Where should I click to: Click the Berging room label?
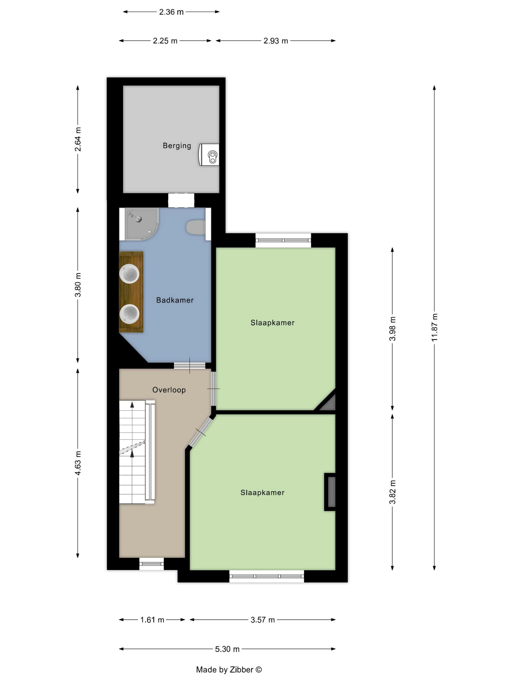(x=177, y=145)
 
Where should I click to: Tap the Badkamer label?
(x=175, y=300)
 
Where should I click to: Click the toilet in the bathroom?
(x=195, y=227)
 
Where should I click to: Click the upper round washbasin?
(x=129, y=274)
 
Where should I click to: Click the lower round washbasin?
(x=129, y=314)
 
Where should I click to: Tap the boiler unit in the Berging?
(x=209, y=154)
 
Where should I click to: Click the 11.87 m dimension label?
(x=434, y=327)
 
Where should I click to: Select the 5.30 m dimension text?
(x=227, y=649)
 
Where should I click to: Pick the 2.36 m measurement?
(x=171, y=12)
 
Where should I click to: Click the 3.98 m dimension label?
(x=392, y=329)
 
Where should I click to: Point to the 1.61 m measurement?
(x=152, y=620)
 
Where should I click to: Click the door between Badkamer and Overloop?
(x=189, y=366)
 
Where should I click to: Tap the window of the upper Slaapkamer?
(x=283, y=241)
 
